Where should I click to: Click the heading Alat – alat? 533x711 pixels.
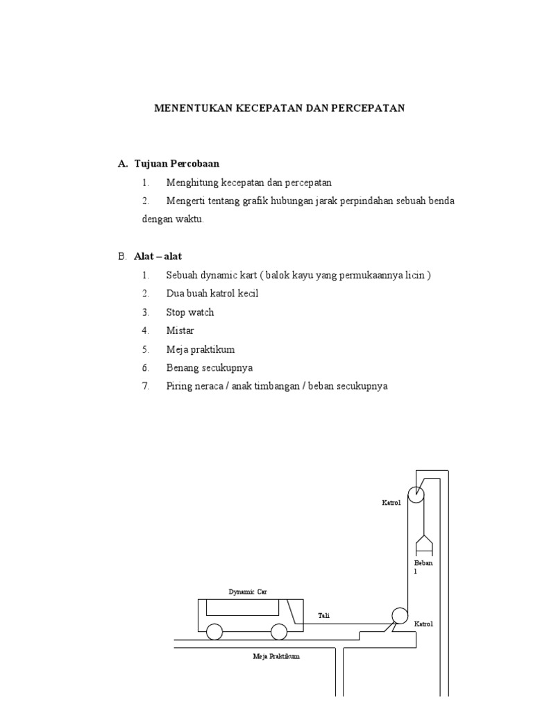pyautogui.click(x=158, y=256)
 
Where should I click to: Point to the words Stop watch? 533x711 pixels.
pyautogui.click(x=190, y=312)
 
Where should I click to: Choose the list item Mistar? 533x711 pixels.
pyautogui.click(x=180, y=331)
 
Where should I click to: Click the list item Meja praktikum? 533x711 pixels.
pyautogui.click(x=196, y=349)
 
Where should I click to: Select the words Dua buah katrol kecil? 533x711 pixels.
pyautogui.click(x=212, y=294)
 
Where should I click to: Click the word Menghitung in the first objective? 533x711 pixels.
pyautogui.click(x=192, y=183)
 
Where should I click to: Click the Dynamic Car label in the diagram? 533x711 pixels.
pyautogui.click(x=248, y=592)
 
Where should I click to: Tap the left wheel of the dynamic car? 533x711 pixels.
pyautogui.click(x=214, y=632)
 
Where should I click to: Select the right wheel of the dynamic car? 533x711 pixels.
pyautogui.click(x=279, y=632)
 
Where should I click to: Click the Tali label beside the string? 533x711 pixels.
pyautogui.click(x=323, y=615)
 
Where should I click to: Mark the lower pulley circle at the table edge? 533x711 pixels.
pyautogui.click(x=400, y=617)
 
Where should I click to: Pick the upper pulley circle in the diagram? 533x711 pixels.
pyautogui.click(x=416, y=494)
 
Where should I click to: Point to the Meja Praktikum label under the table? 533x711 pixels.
pyautogui.click(x=276, y=656)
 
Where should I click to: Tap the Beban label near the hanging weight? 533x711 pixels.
pyautogui.click(x=423, y=563)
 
